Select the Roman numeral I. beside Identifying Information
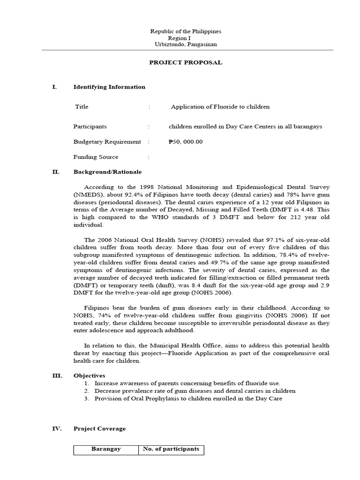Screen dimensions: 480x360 pos(54,87)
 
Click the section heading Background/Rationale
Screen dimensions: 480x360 pos(107,172)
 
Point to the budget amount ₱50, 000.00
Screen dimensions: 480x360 pos(186,142)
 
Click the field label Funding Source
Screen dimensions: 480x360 pos(96,157)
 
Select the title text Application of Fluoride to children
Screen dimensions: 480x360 pos(220,107)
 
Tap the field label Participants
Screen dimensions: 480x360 pos(90,127)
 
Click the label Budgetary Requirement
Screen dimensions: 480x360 pos(107,142)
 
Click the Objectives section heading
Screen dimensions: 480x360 pos(89,375)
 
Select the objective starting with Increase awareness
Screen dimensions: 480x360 pos(187,383)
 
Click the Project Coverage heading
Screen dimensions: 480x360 pos(99,428)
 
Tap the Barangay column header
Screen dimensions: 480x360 pos(105,449)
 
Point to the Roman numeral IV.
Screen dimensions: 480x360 pos(56,428)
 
